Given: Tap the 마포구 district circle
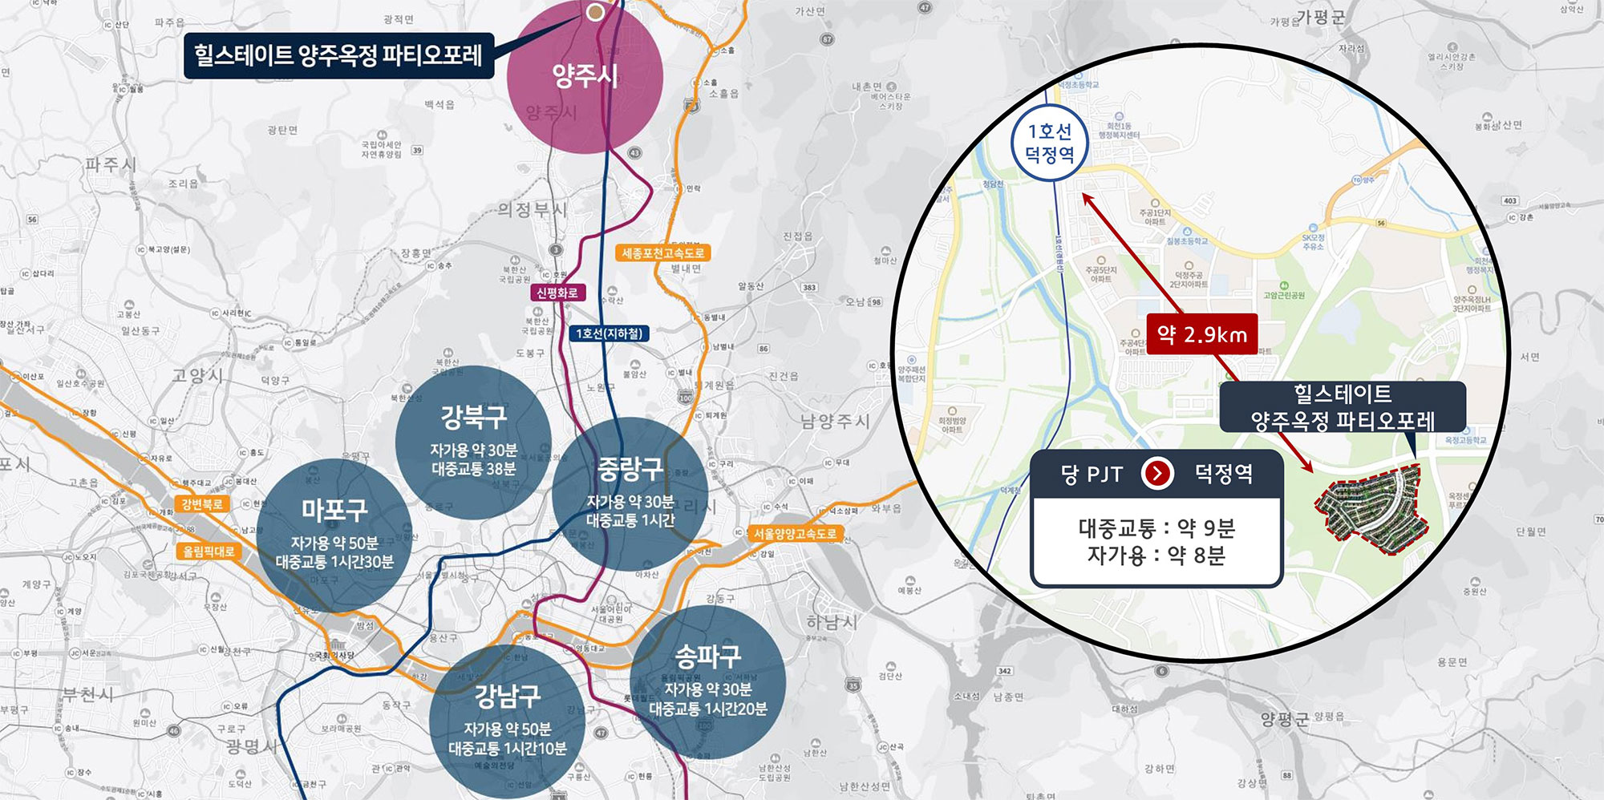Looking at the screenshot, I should tap(334, 535).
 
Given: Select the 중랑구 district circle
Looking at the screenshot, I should tap(630, 493).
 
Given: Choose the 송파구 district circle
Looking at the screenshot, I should tap(707, 682).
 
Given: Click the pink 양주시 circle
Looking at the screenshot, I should tap(585, 77).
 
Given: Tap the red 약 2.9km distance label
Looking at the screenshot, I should tap(1201, 334).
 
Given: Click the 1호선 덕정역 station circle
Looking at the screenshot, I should tap(1049, 143).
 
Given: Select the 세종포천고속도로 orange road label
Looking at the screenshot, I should tap(662, 253).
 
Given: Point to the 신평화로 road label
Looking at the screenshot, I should tap(557, 293).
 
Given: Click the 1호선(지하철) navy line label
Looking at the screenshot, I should tap(609, 333).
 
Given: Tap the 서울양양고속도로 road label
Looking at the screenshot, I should tap(794, 533).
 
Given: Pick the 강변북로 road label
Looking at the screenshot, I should tap(201, 504).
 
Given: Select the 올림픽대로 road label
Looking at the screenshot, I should tap(208, 552).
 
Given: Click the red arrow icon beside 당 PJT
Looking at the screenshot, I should tap(1156, 474).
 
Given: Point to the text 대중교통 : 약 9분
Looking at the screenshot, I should tap(1156, 527).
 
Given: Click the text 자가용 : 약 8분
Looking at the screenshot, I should tap(1156, 555).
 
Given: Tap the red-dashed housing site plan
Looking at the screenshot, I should tap(1371, 510).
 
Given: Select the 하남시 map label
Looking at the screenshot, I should tap(831, 621).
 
